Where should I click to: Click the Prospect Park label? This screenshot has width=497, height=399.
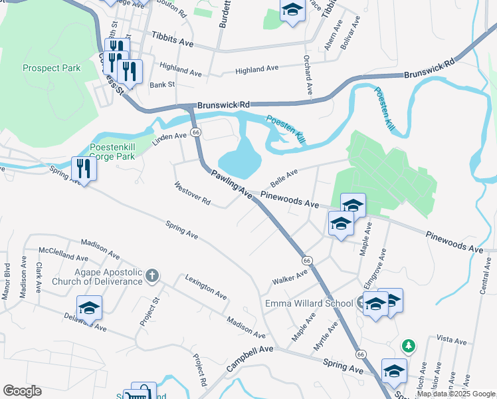click(51, 68)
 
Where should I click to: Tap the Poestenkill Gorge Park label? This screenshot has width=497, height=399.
click(112, 152)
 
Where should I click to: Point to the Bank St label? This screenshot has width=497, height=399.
click(162, 84)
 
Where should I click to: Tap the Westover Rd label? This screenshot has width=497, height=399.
click(192, 194)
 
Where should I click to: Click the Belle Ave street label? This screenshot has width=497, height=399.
click(284, 178)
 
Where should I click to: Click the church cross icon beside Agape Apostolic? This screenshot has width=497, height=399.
click(152, 275)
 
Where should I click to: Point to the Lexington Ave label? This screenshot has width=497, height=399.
click(206, 287)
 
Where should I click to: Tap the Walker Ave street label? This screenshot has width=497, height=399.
click(290, 277)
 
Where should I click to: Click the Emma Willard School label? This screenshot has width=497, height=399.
click(309, 304)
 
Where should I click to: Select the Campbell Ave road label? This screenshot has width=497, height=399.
click(250, 358)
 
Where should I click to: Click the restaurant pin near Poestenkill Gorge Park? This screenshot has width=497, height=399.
click(84, 168)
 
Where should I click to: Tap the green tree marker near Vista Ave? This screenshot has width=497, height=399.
click(409, 346)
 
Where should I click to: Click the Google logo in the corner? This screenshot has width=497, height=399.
click(22, 391)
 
